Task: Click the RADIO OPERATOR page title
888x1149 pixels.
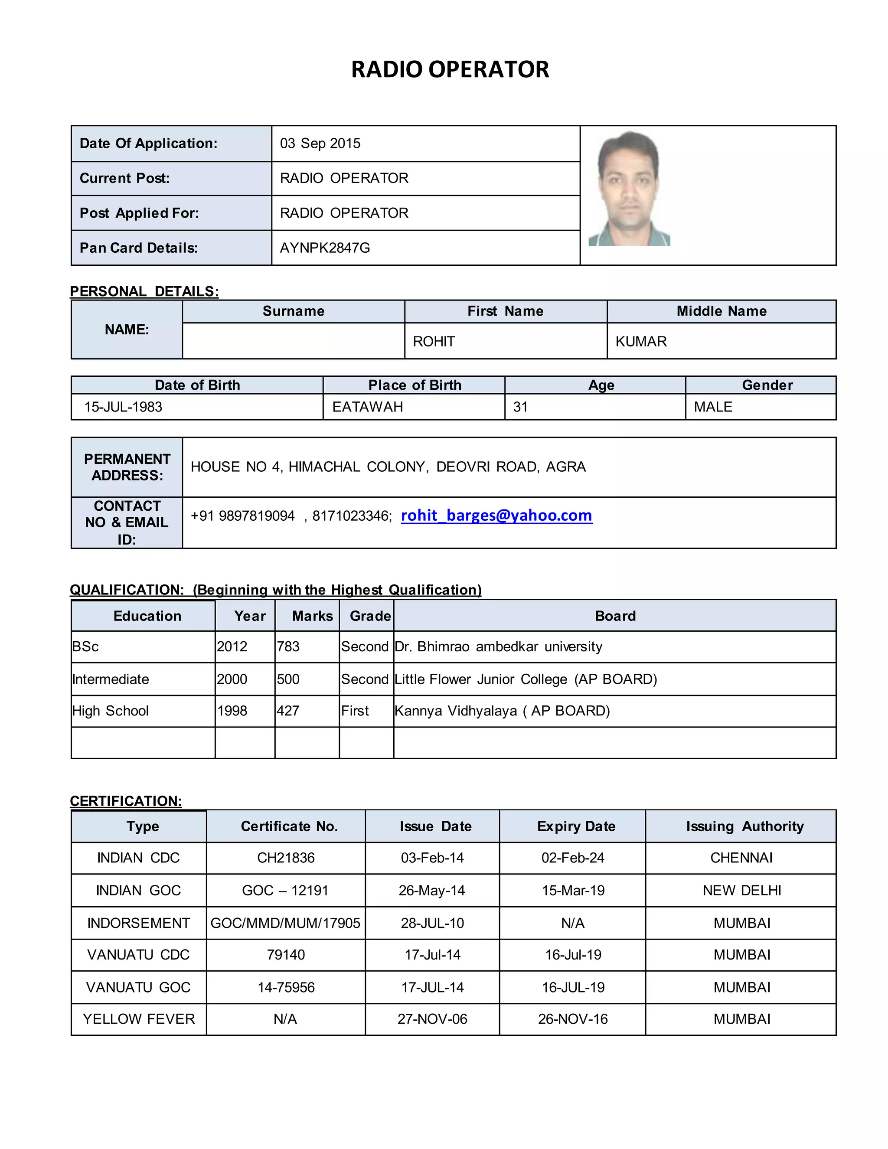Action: (450, 69)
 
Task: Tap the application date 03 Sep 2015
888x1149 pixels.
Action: (320, 144)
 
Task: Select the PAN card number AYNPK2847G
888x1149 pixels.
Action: (325, 248)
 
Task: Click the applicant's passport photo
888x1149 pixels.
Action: (629, 188)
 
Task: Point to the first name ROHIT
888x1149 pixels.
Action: (434, 341)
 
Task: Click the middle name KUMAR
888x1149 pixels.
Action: (641, 341)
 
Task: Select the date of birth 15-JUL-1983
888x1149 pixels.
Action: (123, 407)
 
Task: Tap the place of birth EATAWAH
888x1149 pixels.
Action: (367, 407)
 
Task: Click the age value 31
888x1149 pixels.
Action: (520, 407)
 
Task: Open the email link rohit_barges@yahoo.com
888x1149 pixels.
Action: (496, 515)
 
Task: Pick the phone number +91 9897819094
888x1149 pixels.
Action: (242, 516)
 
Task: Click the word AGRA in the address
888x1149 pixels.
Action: (565, 467)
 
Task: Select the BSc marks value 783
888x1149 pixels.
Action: (288, 646)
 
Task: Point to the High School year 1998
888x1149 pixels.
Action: (232, 711)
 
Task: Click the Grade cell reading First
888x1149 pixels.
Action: (355, 711)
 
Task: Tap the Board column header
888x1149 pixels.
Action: (615, 616)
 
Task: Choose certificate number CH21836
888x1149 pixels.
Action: (286, 858)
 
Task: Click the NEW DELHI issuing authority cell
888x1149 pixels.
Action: (741, 891)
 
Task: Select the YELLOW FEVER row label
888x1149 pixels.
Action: (138, 1019)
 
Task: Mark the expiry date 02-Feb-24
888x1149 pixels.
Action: (572, 858)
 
